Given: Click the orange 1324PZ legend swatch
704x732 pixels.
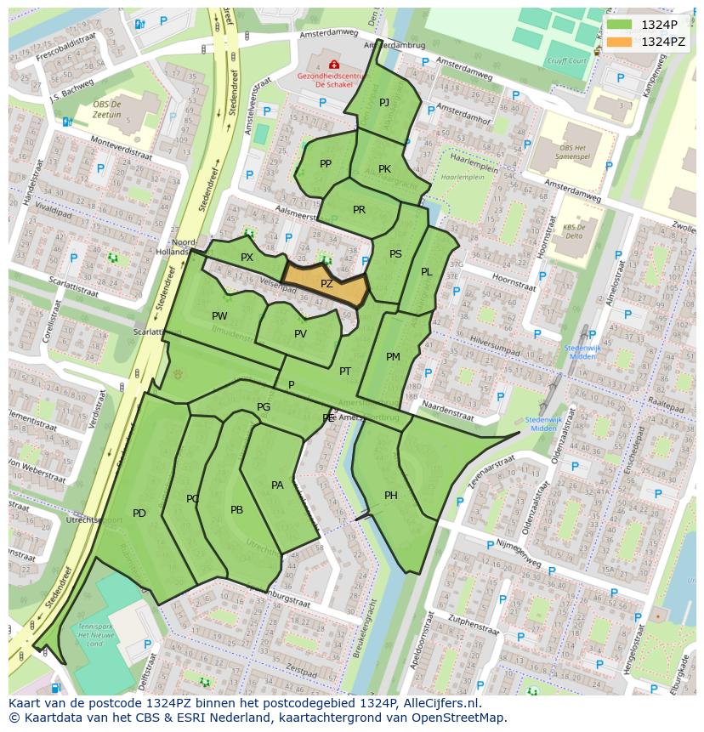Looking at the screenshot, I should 619,42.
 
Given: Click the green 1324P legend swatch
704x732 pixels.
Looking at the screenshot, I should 619,25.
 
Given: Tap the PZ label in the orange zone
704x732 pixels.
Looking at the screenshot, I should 326,284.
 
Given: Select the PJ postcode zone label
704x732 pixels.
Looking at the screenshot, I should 384,103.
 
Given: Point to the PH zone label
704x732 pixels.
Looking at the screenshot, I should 391,496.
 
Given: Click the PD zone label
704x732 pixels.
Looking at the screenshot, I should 139,513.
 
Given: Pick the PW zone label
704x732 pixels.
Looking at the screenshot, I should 219,316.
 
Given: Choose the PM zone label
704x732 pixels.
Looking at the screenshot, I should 393,357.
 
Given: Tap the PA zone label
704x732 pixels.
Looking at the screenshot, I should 277,485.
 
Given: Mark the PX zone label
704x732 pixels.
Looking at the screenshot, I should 247,258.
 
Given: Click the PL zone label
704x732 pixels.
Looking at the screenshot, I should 426,272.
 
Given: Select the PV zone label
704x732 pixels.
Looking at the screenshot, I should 300,334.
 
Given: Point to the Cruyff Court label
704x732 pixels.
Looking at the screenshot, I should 566,61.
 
